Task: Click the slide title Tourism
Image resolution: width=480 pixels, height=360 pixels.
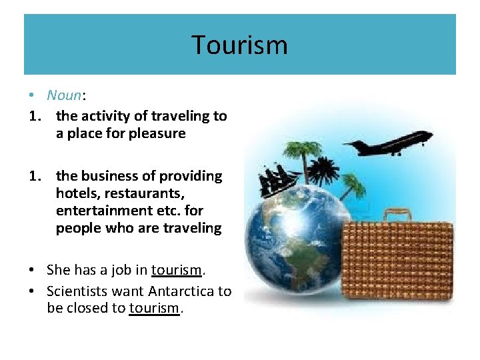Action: point(239,45)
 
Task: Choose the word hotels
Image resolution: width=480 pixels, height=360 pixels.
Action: point(76,193)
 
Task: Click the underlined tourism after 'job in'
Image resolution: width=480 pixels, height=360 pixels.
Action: point(176,270)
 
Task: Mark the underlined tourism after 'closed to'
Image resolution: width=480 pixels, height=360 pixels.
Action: point(154,309)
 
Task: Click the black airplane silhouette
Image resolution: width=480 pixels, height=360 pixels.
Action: point(387,143)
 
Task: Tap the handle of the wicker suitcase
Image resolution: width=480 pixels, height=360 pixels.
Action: point(399,214)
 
